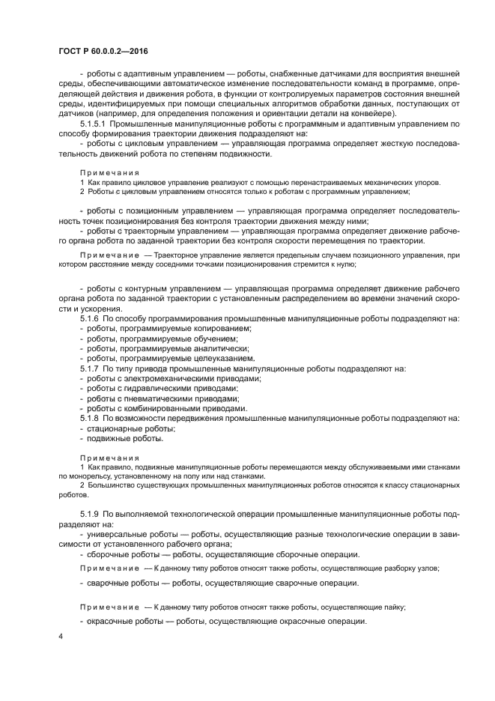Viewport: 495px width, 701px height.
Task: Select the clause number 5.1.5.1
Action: [x=96, y=124]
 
